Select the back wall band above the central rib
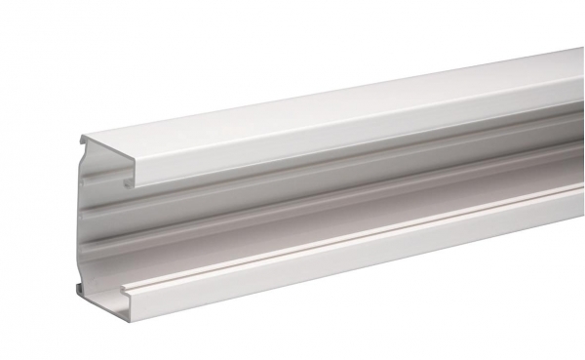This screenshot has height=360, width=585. click(x=244, y=185)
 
